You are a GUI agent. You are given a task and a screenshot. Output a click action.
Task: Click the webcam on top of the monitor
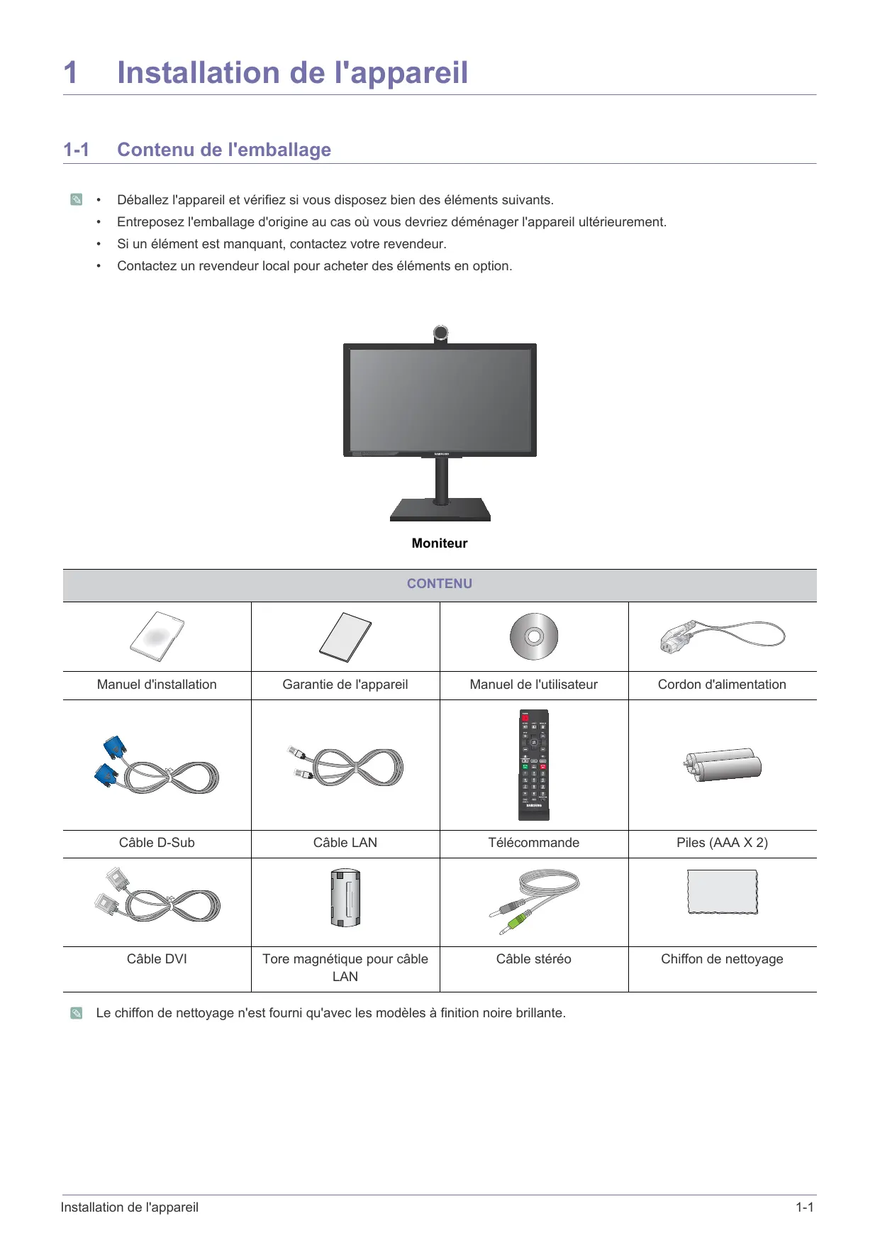pyautogui.click(x=440, y=333)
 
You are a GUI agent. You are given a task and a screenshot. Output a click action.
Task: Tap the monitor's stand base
pyautogui.click(x=440, y=511)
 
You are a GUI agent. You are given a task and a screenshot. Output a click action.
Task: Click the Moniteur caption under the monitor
pyautogui.click(x=440, y=543)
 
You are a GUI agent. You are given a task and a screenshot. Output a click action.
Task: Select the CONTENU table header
pyautogui.click(x=440, y=584)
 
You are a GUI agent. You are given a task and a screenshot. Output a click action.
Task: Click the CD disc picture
pyautogui.click(x=534, y=636)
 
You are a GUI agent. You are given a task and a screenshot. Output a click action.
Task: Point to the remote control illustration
pyautogui.click(x=534, y=765)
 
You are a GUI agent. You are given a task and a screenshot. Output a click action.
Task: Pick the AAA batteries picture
pyautogui.click(x=723, y=765)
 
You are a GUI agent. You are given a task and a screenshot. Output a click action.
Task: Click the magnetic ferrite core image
pyautogui.click(x=345, y=898)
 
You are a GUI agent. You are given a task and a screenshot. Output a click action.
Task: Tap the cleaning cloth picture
pyautogui.click(x=723, y=892)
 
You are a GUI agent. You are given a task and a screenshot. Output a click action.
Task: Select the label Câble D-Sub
pyautogui.click(x=157, y=843)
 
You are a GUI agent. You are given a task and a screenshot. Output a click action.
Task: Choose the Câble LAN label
pyautogui.click(x=345, y=843)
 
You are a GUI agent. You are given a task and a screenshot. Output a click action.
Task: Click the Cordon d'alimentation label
pyautogui.click(x=722, y=685)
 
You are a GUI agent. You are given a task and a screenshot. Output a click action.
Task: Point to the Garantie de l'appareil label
pyautogui.click(x=345, y=685)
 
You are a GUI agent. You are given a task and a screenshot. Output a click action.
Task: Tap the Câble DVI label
pyautogui.click(x=157, y=959)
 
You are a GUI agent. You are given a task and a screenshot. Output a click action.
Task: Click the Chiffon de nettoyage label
pyautogui.click(x=722, y=959)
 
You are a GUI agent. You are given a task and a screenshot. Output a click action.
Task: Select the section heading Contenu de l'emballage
pyautogui.click(x=224, y=150)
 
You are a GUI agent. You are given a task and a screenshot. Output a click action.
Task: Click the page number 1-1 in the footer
pyautogui.click(x=804, y=1207)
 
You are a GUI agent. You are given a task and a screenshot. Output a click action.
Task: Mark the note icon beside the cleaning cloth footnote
pyautogui.click(x=77, y=1013)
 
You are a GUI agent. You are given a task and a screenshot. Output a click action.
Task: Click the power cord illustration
pyautogui.click(x=722, y=636)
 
